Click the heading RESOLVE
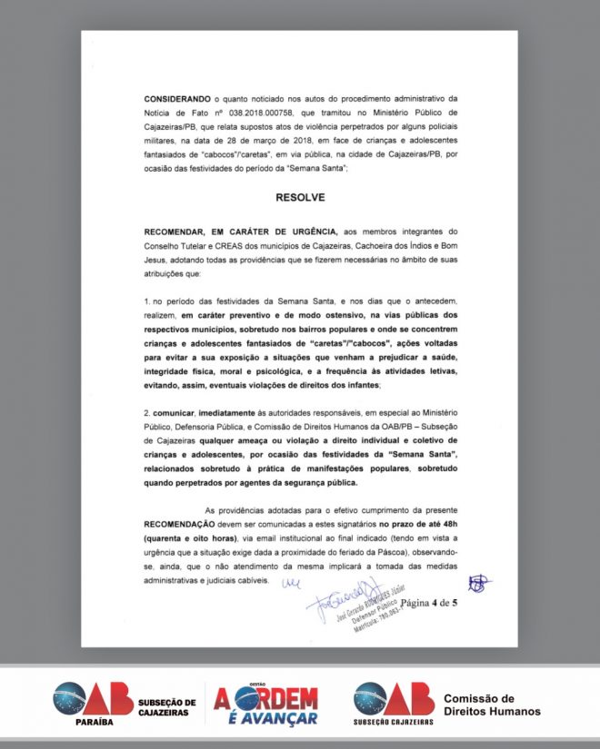pos(299,196)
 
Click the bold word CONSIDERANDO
pos(175,97)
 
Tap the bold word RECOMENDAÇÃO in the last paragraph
pos(180,525)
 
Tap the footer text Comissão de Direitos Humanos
pos(491,705)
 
